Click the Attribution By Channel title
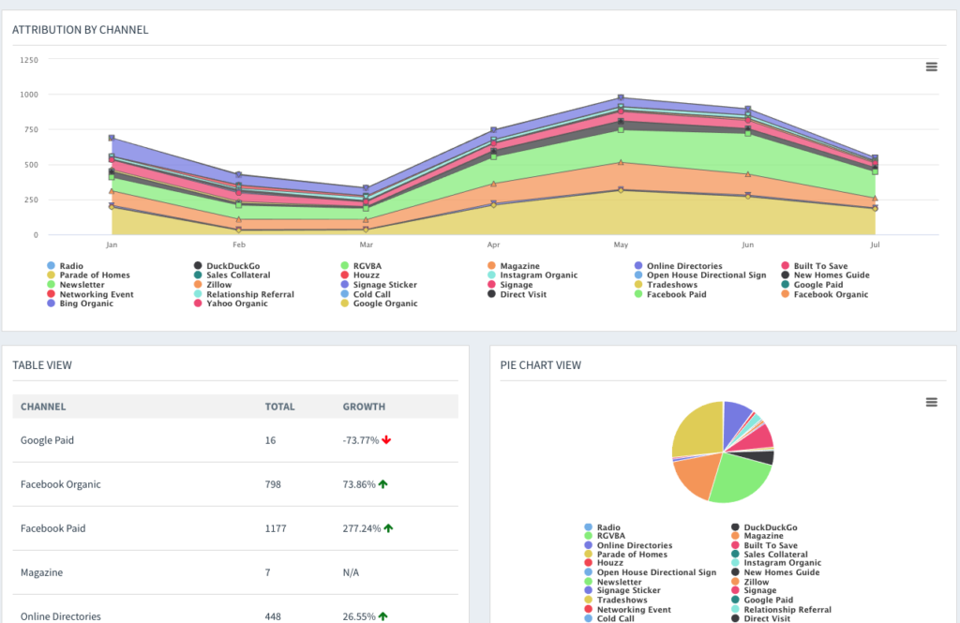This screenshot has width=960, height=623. [x=80, y=30]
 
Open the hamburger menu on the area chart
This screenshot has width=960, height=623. [x=931, y=67]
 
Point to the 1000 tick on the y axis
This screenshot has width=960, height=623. [x=29, y=95]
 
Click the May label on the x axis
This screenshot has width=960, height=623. [x=621, y=245]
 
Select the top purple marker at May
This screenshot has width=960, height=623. [x=621, y=97]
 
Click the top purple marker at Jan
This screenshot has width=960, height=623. [x=112, y=138]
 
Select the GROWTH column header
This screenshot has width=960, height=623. [x=364, y=407]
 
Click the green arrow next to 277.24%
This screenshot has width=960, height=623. [x=388, y=528]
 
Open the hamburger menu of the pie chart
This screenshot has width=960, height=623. [x=931, y=402]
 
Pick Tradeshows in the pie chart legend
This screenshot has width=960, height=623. [x=622, y=600]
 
